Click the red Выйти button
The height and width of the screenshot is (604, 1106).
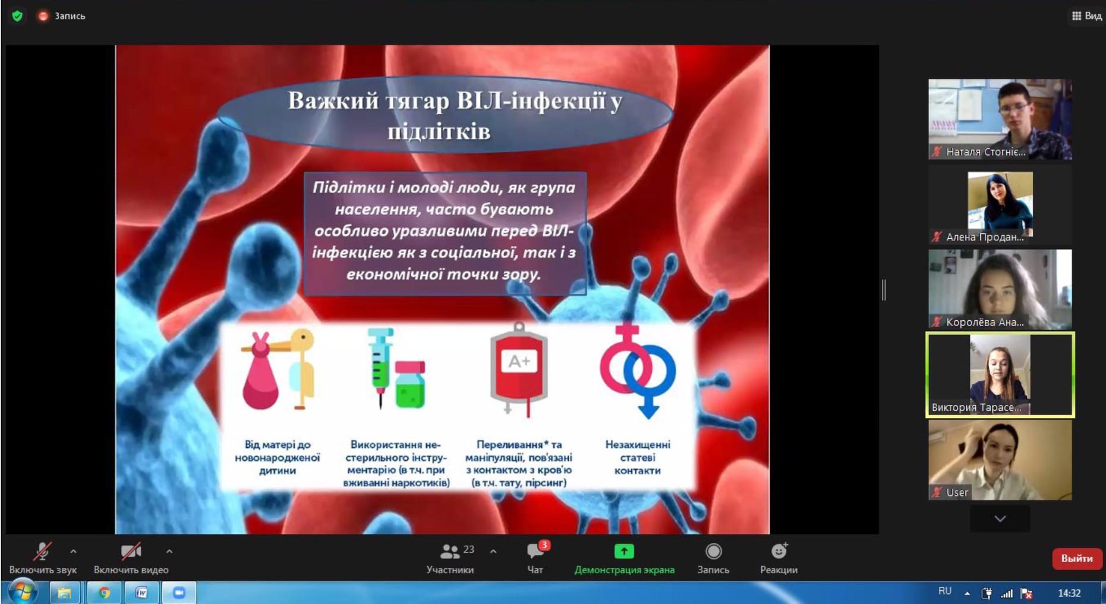pos(1077,558)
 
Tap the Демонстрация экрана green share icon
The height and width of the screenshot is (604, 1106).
pos(624,551)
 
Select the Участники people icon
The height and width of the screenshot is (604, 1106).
pos(449,552)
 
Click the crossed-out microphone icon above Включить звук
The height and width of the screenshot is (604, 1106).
pos(42,551)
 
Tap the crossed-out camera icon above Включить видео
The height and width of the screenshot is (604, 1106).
pos(131,551)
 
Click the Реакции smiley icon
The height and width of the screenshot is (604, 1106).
pos(779,551)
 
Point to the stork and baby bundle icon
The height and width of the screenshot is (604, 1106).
pos(278,369)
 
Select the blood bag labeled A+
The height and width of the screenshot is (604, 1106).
pos(518,369)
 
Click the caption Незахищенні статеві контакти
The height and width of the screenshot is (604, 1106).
pos(637,457)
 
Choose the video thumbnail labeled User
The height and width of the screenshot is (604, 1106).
pos(1000,460)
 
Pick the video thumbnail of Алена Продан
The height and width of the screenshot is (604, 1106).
pos(1000,205)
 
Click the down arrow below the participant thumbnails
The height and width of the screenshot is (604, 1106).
pos(1000,518)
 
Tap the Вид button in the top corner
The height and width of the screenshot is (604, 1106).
pos(1086,16)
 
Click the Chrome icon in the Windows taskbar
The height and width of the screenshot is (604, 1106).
pos(104,592)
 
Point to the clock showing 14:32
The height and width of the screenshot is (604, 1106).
pos(1069,593)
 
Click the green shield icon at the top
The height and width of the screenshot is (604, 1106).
pos(17,16)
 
